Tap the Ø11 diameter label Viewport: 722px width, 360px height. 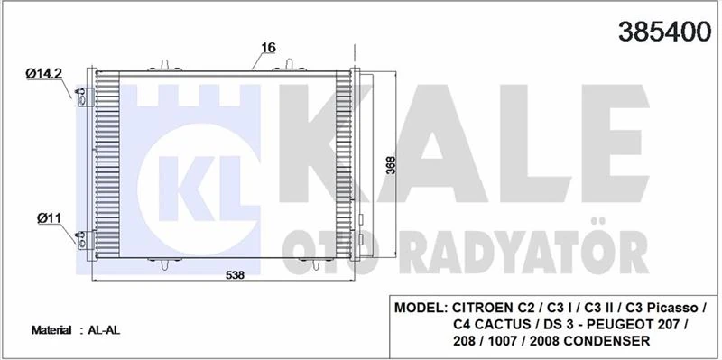[x=48, y=217]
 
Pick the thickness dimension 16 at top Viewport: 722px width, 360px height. [x=268, y=47]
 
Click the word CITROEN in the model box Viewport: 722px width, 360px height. [x=499, y=308]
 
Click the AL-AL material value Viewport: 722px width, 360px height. [x=104, y=331]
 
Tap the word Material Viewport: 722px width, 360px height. [x=51, y=331]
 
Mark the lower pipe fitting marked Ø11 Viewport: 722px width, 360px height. [x=84, y=239]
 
